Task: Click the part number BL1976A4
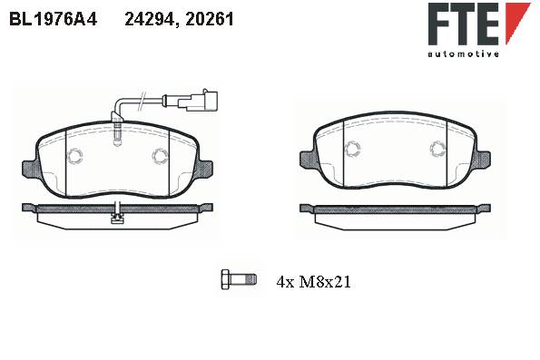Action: coord(54,19)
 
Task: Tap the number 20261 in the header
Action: coord(210,19)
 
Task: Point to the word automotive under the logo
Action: coord(463,54)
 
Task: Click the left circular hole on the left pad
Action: coord(74,156)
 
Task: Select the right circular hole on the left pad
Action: coord(160,156)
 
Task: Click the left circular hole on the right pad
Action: coord(353,149)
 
